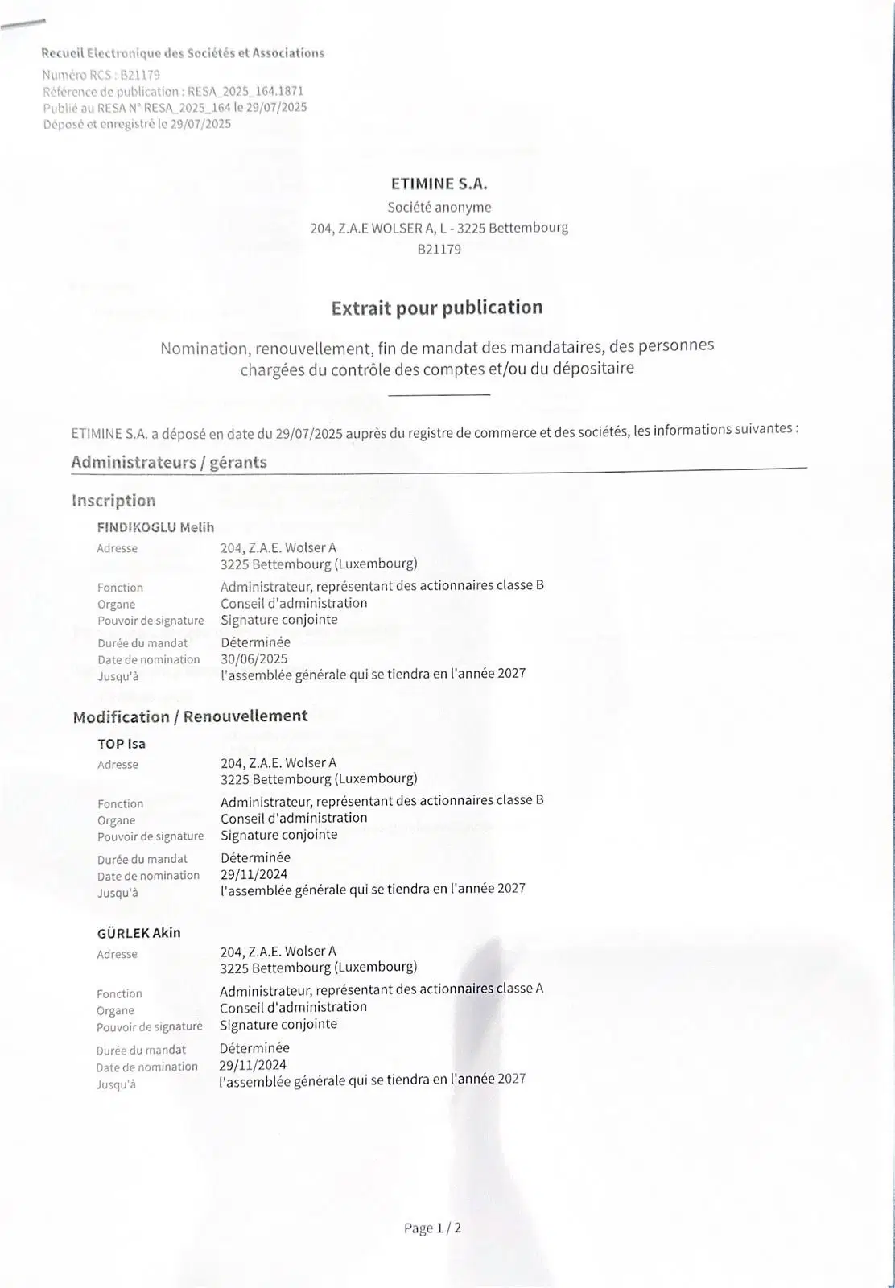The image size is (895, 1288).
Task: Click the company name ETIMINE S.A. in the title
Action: [x=439, y=184]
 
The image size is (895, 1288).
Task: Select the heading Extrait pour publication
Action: [x=437, y=308]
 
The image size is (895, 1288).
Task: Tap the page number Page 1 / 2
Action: [x=432, y=1228]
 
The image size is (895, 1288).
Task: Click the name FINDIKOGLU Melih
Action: [x=155, y=527]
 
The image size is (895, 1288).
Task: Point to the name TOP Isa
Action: [x=122, y=744]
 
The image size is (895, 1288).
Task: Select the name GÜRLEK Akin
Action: [x=138, y=933]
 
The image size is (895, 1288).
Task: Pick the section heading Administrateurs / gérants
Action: [x=169, y=463]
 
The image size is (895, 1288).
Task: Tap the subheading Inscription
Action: [x=113, y=501]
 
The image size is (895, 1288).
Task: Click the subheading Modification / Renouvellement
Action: [x=190, y=716]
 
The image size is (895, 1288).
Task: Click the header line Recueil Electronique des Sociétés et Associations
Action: [x=183, y=53]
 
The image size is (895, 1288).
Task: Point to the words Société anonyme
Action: [x=439, y=207]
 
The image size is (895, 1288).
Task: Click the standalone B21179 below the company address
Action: [x=439, y=250]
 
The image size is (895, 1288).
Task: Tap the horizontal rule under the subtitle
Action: [x=439, y=394]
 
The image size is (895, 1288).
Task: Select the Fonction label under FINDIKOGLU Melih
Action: [x=120, y=588]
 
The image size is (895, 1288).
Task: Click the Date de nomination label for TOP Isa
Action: [x=148, y=876]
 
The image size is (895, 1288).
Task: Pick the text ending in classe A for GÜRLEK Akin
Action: [x=381, y=989]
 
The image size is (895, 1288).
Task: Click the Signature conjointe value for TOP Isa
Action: [x=278, y=835]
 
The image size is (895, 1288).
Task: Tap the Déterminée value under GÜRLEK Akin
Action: [x=254, y=1048]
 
